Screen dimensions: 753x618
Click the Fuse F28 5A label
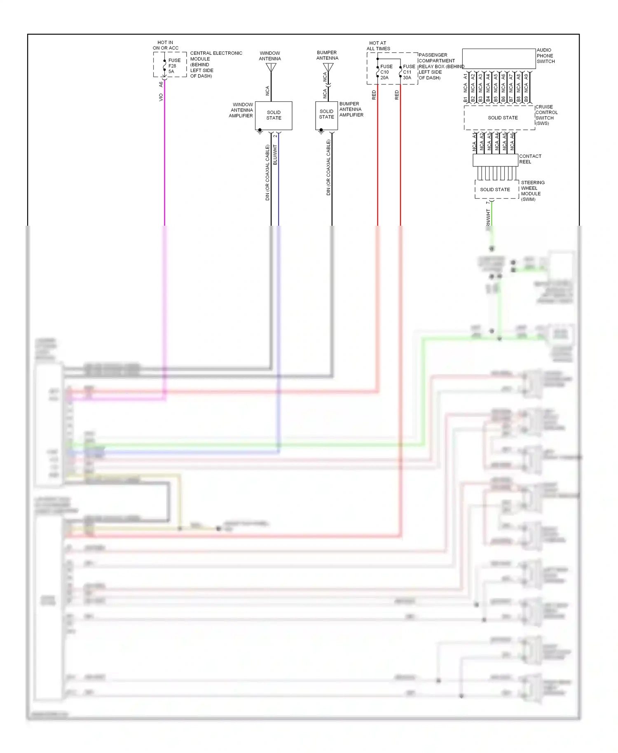click(174, 66)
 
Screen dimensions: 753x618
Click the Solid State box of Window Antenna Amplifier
click(274, 115)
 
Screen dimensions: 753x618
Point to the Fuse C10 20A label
click(386, 72)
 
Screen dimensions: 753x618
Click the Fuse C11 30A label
click(409, 72)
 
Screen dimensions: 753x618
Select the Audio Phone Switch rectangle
click(499, 59)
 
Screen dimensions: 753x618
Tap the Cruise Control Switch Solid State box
click(499, 118)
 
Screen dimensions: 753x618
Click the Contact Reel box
click(495, 160)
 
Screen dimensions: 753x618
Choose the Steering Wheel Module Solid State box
click(496, 189)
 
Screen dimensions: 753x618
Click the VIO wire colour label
click(161, 98)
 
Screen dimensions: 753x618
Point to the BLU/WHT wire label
click(275, 155)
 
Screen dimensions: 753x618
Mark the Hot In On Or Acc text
click(166, 45)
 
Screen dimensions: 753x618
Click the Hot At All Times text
click(378, 46)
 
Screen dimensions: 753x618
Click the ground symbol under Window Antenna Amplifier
click(260, 132)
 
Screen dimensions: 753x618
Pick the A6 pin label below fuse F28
click(161, 84)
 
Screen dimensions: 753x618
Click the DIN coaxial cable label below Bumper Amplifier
click(328, 167)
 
